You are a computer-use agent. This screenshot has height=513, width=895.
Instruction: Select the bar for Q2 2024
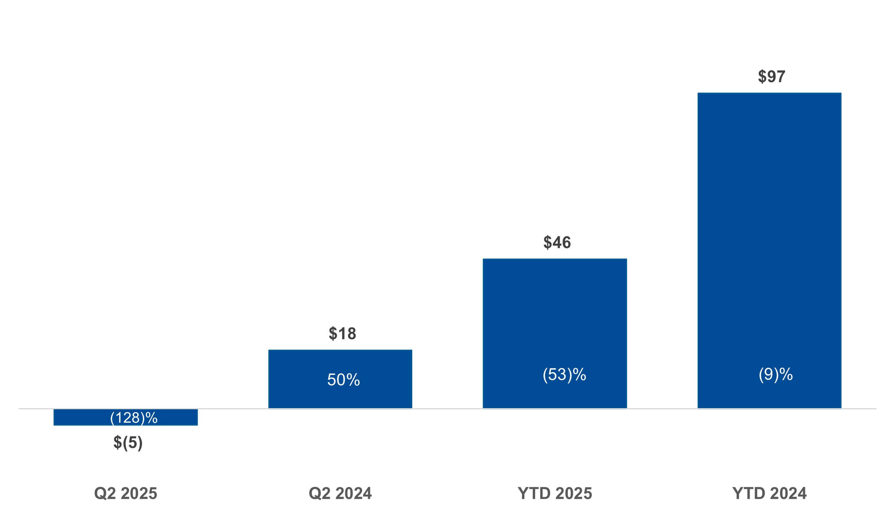pos(340,362)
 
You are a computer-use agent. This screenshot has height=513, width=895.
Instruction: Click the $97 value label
pos(771,77)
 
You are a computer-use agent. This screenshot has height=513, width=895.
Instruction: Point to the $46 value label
pos(557,242)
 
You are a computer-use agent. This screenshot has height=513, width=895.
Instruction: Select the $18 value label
pos(342,333)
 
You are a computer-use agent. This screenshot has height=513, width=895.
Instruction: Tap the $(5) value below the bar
pos(128,443)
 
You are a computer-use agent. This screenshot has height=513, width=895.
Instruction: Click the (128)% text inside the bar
pos(134,418)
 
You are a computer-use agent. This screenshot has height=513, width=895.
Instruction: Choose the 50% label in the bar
pos(344,380)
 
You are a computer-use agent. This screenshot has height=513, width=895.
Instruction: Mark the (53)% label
pos(564,375)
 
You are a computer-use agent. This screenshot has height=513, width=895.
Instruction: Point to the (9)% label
pos(776,375)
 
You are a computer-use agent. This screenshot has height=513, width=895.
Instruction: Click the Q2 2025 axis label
pos(125,493)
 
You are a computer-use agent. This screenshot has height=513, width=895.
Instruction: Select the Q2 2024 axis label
pos(340,493)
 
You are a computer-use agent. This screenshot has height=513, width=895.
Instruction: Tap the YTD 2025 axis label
pos(555,493)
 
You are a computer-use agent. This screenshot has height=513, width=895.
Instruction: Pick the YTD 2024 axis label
pos(769,493)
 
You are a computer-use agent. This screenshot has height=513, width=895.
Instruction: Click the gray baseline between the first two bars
pos(233,409)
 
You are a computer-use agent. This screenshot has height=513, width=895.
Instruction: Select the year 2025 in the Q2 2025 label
pos(139,493)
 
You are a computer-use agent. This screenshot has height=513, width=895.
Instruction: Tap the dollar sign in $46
pos(547,242)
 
